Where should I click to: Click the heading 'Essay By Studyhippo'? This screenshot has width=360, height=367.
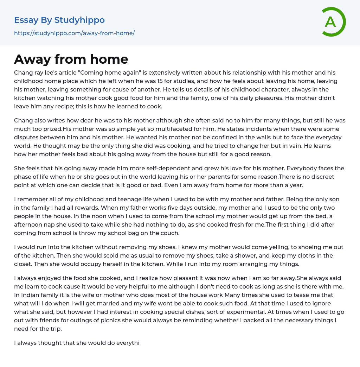(x=59, y=20)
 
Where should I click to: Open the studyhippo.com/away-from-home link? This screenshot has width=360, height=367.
(x=74, y=33)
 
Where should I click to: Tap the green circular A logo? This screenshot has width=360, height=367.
(x=331, y=22)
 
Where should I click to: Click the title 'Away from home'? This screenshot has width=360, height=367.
(x=71, y=59)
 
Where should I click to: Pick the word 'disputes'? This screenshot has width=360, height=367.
(x=26, y=137)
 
